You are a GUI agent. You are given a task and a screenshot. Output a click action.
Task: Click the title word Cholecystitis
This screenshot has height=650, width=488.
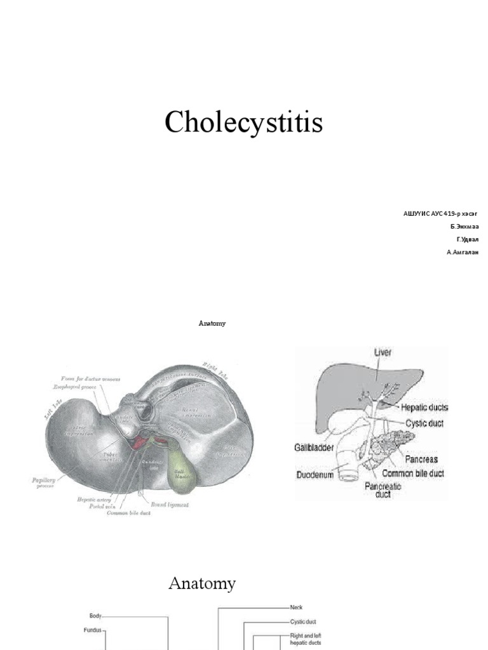click(x=244, y=123)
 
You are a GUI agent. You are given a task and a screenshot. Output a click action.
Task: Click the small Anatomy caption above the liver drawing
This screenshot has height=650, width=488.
click(x=212, y=323)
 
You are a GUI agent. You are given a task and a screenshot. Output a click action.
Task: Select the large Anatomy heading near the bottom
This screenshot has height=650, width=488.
click(x=202, y=583)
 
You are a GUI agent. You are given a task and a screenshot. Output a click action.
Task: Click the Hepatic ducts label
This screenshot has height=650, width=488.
click(x=424, y=407)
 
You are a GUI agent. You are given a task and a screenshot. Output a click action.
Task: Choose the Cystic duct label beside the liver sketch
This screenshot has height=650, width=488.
click(x=424, y=423)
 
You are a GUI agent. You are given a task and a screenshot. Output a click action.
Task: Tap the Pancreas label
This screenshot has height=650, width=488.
click(x=419, y=459)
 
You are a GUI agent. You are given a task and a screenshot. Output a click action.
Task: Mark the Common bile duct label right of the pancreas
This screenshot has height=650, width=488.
click(x=413, y=474)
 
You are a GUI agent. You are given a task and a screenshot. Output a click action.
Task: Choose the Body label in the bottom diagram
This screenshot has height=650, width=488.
click(x=95, y=615)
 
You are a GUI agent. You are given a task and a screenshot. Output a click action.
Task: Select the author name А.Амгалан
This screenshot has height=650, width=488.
click(x=463, y=252)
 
